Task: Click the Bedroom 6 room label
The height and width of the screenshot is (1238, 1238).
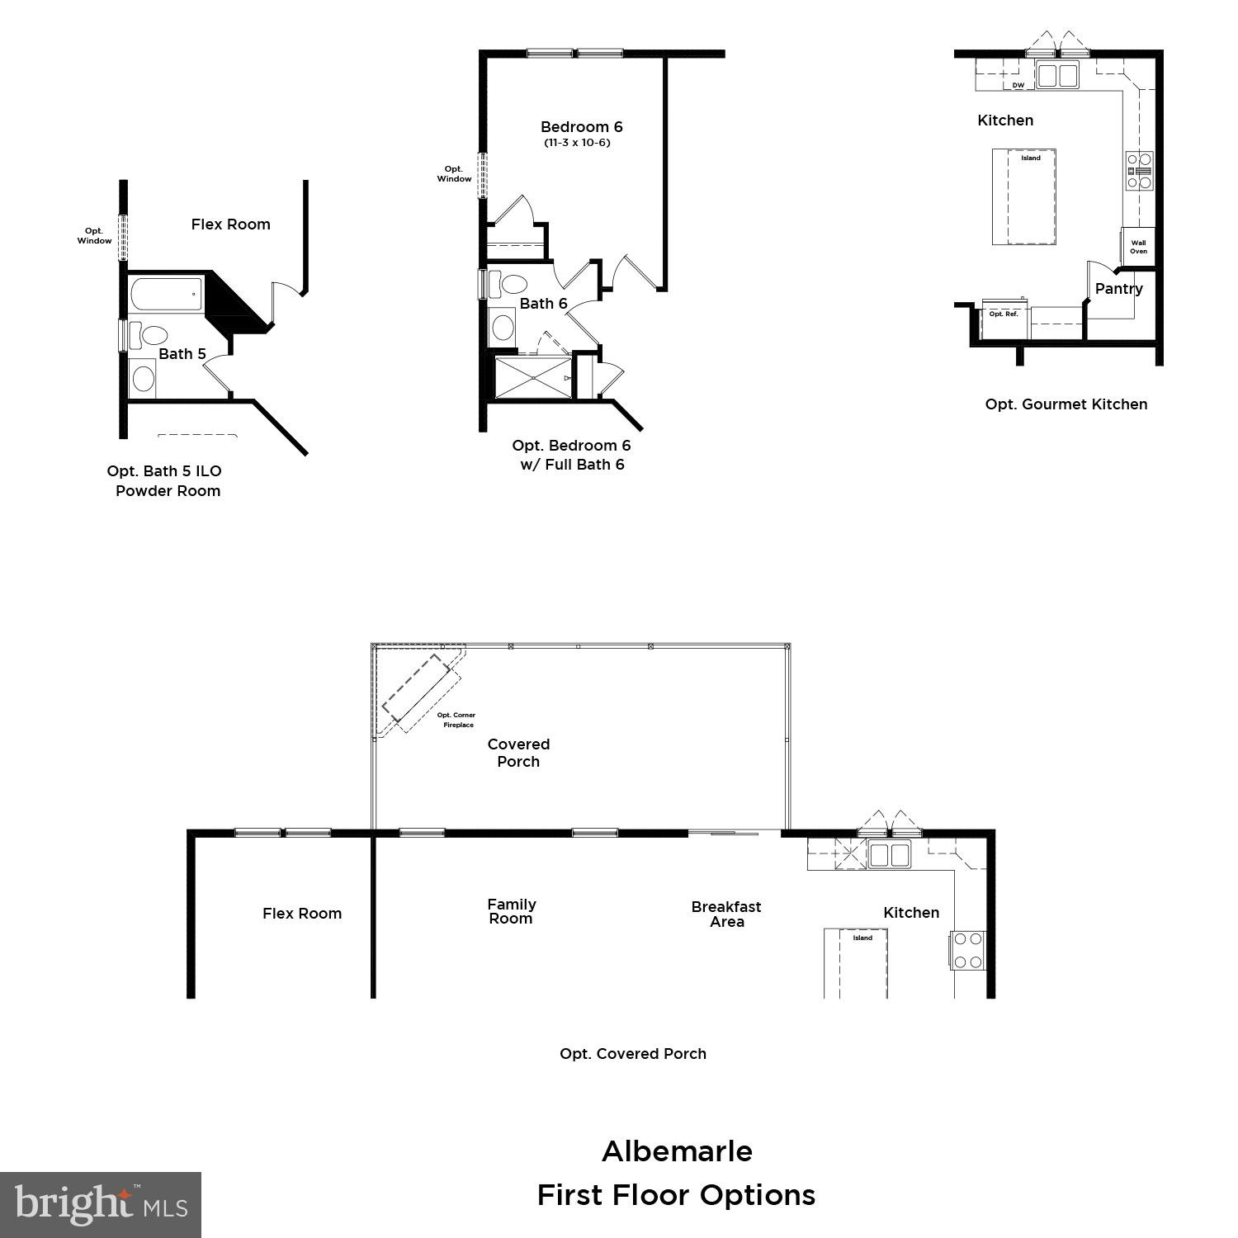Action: pos(581,127)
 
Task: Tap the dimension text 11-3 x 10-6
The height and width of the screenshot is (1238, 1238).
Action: pos(577,143)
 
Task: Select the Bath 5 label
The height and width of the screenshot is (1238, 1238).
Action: pos(182,354)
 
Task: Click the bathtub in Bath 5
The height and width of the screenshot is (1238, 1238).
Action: pos(166,295)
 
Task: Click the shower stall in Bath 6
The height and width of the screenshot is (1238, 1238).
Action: pos(532,377)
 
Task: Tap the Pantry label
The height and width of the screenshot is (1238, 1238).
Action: pos(1118,289)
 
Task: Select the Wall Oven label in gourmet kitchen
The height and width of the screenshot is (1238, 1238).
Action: pos(1138,247)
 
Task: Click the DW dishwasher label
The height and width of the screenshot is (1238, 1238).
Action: pos(1018,86)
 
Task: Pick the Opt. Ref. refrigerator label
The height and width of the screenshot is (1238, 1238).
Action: pos(1004,314)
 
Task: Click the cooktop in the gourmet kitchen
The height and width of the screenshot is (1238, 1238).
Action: pos(1140,171)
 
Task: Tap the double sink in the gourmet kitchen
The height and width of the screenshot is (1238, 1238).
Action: pos(1057,75)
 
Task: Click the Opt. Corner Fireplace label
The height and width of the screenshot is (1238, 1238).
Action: pos(456,720)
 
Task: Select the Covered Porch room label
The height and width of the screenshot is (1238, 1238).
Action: pos(518,753)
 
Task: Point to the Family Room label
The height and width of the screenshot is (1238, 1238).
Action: pos(511,911)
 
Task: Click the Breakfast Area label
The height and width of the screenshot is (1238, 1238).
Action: pos(726,914)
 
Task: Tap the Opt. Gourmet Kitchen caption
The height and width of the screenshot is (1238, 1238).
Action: pos(1066,404)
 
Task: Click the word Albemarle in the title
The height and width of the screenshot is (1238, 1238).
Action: pos(677,1151)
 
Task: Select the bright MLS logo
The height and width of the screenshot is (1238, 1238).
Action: pos(101,1204)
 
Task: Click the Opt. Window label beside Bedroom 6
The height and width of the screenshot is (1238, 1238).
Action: pos(454,174)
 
